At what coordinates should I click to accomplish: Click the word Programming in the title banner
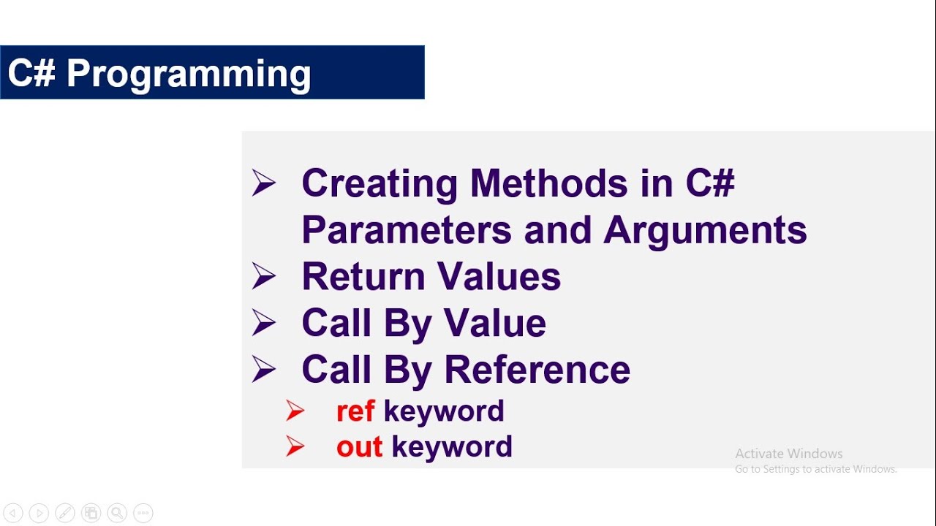point(189,74)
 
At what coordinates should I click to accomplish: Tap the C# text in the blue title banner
point(31,73)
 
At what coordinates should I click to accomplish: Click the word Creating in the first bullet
point(380,183)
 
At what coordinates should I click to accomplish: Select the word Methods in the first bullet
point(548,183)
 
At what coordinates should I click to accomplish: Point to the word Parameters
point(406,229)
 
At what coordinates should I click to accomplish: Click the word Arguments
point(705,229)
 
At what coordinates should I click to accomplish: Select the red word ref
point(355,411)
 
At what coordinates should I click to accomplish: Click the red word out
point(359,447)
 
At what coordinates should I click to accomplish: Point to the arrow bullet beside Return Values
point(263,276)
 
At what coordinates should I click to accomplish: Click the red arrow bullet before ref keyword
point(295,411)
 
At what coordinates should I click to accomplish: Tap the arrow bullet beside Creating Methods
point(263,183)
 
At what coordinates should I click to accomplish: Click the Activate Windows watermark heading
point(788,454)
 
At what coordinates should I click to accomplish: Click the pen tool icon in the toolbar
point(64,513)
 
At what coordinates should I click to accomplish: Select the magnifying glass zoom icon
point(117,513)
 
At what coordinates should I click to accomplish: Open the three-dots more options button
point(143,513)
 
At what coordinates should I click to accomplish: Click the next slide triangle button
point(39,513)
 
